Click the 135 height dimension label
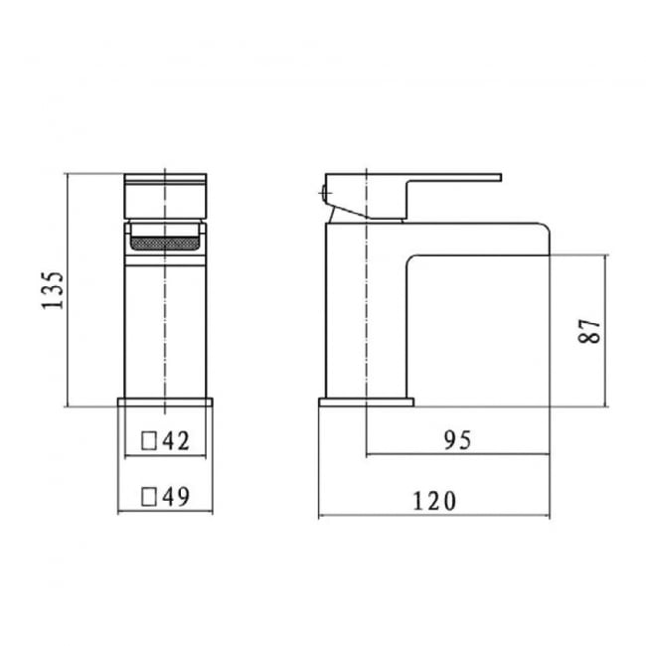point(55,289)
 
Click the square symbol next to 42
point(149,439)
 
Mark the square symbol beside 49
point(149,494)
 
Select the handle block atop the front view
point(166,195)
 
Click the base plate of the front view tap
point(166,403)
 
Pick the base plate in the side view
point(366,403)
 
